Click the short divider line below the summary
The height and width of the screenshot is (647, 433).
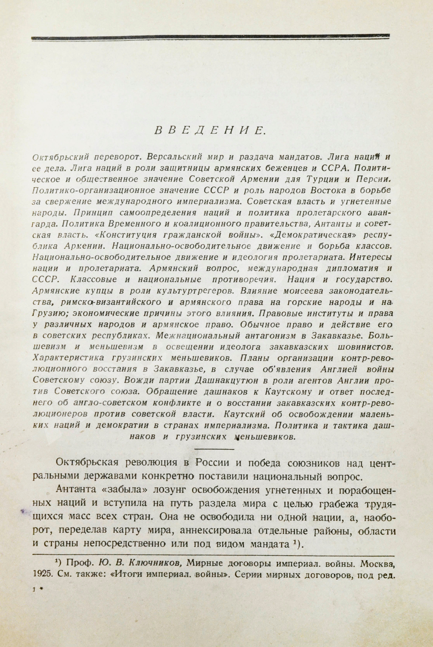[x=214, y=449]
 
